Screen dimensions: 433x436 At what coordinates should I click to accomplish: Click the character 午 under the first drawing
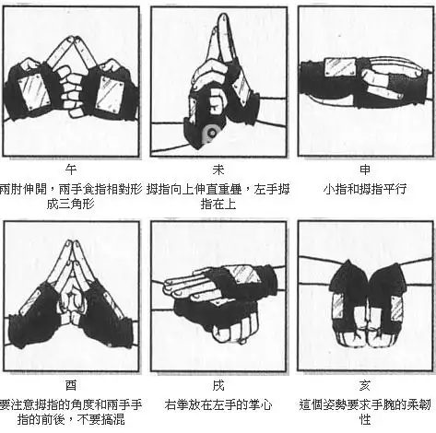point(72,170)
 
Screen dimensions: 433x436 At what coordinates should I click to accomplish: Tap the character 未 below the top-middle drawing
point(218,170)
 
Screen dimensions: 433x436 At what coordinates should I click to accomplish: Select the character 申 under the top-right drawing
point(365,170)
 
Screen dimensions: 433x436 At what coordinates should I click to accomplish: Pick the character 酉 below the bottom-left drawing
point(72,388)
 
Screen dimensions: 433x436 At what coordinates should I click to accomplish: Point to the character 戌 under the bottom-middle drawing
point(218,388)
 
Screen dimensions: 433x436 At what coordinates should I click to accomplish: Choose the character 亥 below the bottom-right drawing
point(365,388)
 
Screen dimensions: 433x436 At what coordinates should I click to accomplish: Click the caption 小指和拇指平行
point(365,187)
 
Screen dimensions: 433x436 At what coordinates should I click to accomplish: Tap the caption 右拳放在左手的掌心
point(218,405)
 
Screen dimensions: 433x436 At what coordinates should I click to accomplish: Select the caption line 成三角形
point(72,204)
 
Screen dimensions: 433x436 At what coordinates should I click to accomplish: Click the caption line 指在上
point(218,204)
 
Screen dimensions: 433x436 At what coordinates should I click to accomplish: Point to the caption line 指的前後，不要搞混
point(72,422)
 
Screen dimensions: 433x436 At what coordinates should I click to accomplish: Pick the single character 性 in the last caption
point(365,422)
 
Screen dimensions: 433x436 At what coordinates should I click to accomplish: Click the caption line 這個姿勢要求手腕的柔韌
point(365,405)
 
